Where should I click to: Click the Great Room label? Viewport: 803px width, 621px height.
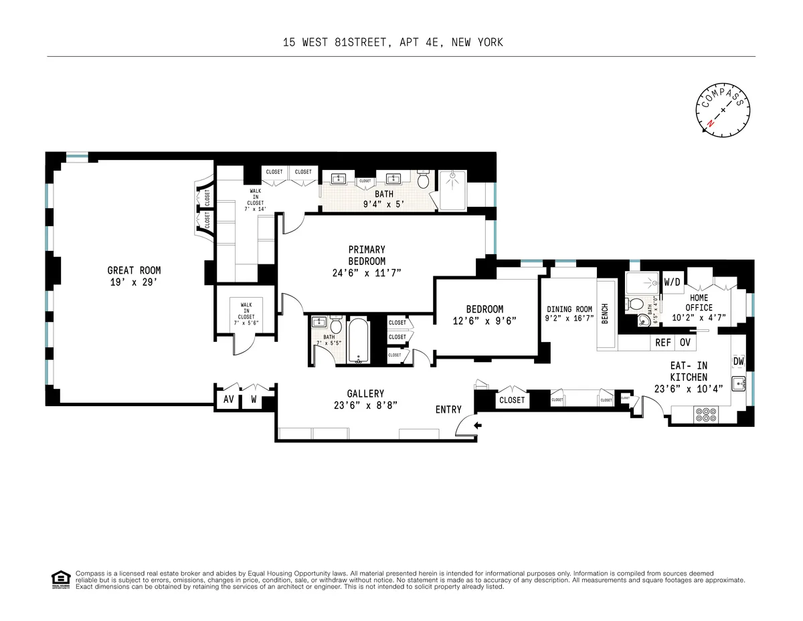134,270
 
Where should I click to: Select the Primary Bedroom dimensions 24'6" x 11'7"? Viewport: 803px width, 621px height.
367,272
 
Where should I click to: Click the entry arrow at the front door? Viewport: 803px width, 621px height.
475,425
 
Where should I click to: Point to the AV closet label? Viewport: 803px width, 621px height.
228,400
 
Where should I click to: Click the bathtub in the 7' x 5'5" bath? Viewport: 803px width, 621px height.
359,341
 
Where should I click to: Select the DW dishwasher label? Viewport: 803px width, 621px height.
738,361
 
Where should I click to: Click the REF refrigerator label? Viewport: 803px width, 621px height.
662,342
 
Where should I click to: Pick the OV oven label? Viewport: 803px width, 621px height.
685,342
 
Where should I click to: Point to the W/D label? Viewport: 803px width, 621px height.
671,281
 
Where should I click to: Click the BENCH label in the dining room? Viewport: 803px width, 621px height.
605,314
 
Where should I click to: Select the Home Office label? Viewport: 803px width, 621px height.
699,302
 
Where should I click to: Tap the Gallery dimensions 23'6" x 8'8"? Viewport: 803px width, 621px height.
365,404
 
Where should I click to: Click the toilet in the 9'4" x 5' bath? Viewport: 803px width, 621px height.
423,181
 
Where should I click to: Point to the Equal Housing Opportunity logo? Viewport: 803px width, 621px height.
60,580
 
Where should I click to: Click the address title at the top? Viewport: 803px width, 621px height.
392,43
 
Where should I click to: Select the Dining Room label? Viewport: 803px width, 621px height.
569,309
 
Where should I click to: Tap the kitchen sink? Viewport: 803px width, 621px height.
739,384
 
